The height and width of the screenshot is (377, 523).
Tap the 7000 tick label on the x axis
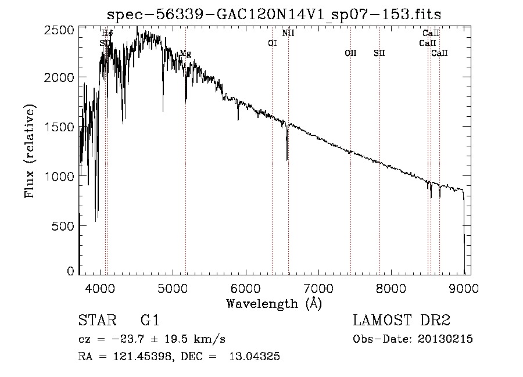pyautogui.click(x=318, y=286)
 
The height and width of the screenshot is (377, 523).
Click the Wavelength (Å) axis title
pyautogui.click(x=274, y=303)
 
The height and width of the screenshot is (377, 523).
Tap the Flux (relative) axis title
pyautogui.click(x=30, y=151)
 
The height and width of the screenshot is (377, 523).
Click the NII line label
pyautogui.click(x=288, y=33)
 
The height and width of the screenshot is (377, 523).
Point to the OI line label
pyautogui.click(x=272, y=43)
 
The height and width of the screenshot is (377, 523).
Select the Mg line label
pyautogui.click(x=185, y=53)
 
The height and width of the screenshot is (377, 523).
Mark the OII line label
pyautogui.click(x=350, y=53)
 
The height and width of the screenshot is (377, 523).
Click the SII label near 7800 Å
pyautogui.click(x=379, y=53)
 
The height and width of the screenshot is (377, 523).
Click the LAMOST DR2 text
pyautogui.click(x=402, y=321)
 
